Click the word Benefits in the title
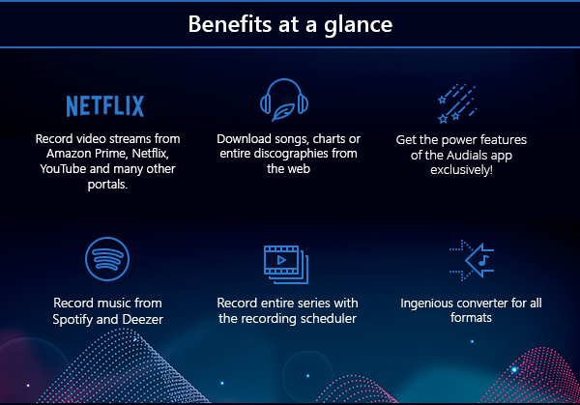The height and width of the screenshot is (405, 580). (x=230, y=24)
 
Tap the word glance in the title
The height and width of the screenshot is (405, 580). (x=358, y=26)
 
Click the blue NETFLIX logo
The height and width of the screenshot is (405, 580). (x=105, y=106)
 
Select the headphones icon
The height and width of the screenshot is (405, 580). (x=284, y=100)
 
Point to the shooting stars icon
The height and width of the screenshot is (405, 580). (x=457, y=103)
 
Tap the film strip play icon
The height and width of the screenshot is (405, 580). (x=286, y=265)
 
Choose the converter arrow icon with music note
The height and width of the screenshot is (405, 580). (x=472, y=260)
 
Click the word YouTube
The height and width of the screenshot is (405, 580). (x=63, y=168)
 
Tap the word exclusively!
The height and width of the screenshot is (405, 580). (x=461, y=170)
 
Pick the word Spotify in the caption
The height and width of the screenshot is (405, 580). (x=72, y=320)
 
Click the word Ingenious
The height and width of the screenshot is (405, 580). (x=427, y=304)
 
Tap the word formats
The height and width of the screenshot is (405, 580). (x=471, y=318)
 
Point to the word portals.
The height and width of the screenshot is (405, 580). (x=107, y=185)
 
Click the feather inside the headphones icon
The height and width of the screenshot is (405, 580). (x=283, y=112)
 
